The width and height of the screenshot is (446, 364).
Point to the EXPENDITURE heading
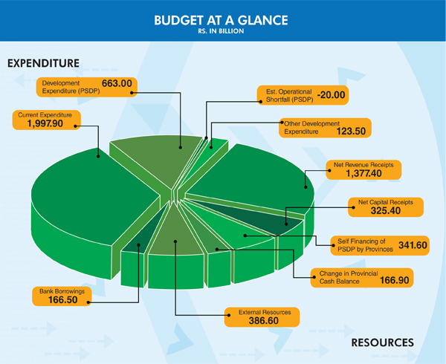(x=43, y=63)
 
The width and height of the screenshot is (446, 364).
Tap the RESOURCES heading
(x=382, y=342)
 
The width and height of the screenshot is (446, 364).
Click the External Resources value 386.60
(x=263, y=320)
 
